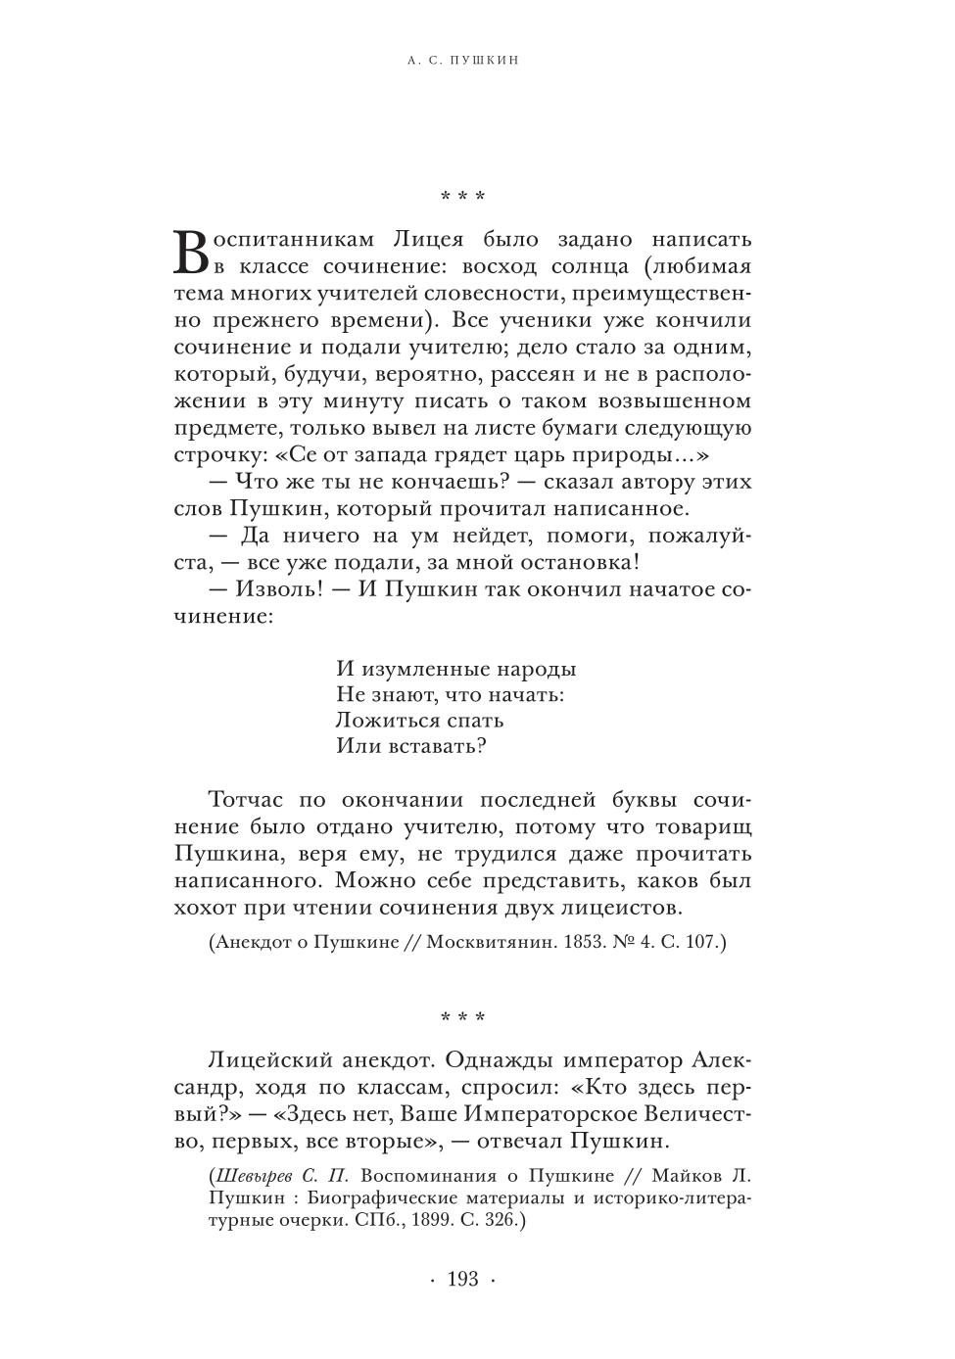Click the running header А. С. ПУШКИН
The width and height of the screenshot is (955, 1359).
pos(462,61)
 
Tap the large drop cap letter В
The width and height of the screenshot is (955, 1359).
pos(191,253)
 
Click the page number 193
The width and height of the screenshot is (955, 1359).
pos(462,1279)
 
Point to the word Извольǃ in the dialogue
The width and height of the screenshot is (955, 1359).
pos(277,589)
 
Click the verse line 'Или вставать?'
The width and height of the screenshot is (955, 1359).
pos(411,746)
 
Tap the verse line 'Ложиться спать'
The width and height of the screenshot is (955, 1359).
pos(419,720)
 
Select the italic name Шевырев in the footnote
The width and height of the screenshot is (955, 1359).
pos(256,1176)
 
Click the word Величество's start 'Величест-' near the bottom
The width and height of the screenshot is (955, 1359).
pos(698,1114)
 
